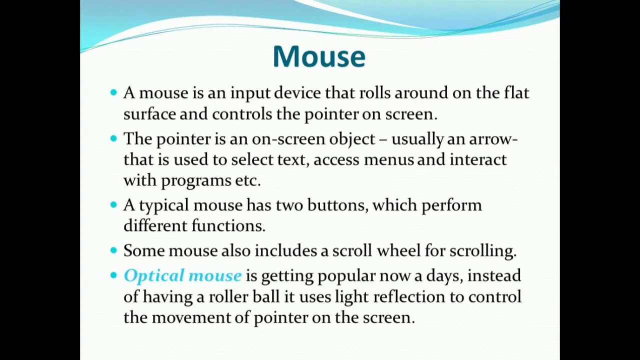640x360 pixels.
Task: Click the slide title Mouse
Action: [x=319, y=56]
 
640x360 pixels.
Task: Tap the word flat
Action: [x=516, y=93]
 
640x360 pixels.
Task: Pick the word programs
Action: [x=196, y=180]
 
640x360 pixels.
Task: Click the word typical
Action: [x=164, y=205]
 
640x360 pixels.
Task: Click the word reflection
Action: [x=409, y=296]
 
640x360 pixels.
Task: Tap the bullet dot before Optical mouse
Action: [x=113, y=275]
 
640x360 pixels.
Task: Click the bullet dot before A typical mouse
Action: [x=113, y=204]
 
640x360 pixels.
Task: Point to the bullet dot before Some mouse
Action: [x=113, y=250]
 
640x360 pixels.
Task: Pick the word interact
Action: [x=478, y=159]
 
